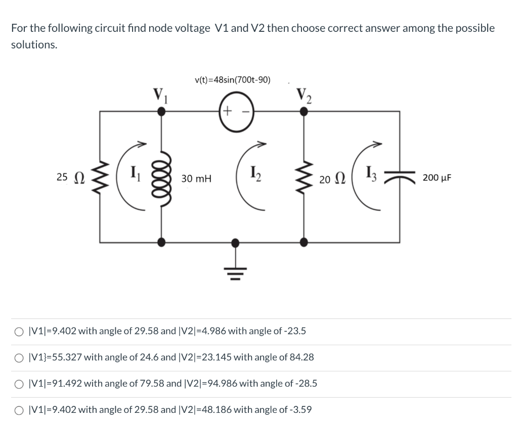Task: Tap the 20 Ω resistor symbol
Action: pyautogui.click(x=304, y=177)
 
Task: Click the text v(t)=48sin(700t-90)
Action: pyautogui.click(x=232, y=80)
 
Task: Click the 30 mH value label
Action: pyautogui.click(x=197, y=178)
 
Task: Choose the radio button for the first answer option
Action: pyautogui.click(x=19, y=332)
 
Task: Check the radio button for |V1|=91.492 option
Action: pyautogui.click(x=19, y=384)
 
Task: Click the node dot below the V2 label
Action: pyautogui.click(x=304, y=113)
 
